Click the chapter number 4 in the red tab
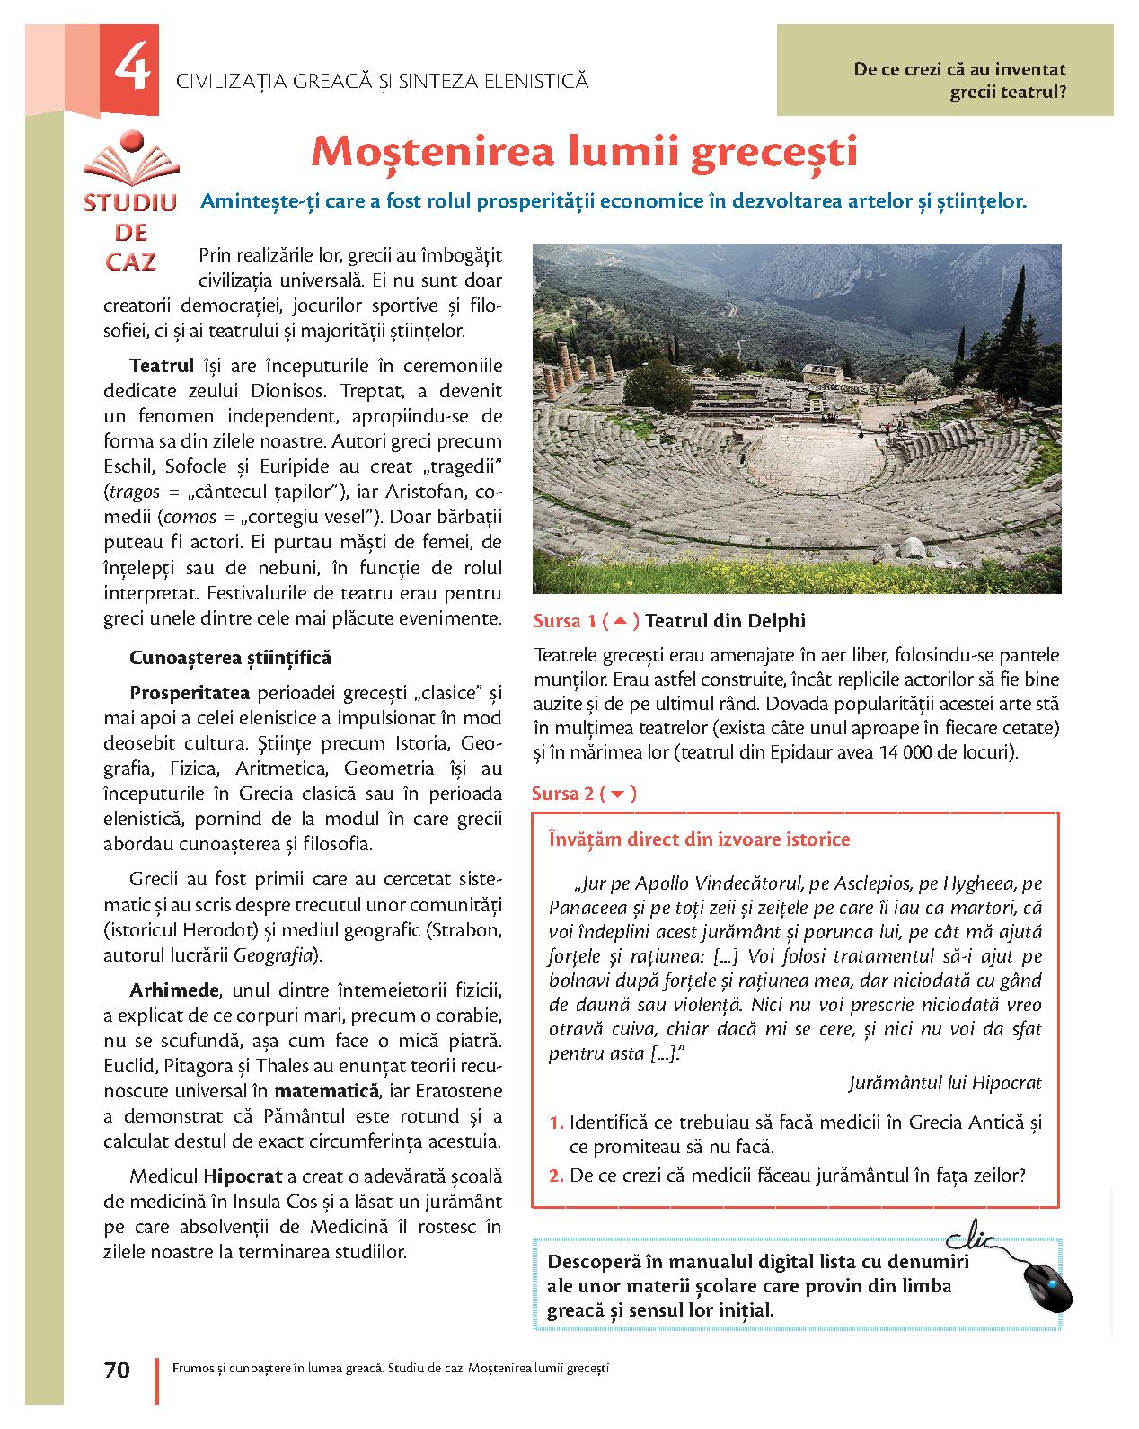[x=132, y=68]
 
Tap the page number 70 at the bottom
[x=117, y=1370]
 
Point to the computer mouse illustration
[x=1047, y=1287]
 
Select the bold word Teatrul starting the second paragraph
[x=162, y=366]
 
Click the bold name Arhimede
[x=174, y=990]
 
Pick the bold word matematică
[x=326, y=1091]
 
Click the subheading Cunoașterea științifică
[x=230, y=658]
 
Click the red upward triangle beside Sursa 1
[x=620, y=620]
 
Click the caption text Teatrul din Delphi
[x=725, y=620]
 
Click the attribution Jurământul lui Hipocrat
[x=944, y=1083]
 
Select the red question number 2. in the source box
[x=556, y=1175]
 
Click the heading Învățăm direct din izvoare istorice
[x=699, y=839]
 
